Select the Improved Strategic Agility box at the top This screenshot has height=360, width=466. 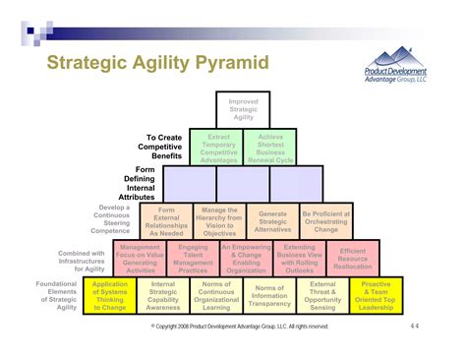pos(243,109)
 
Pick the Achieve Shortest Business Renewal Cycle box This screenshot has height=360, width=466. pos(270,147)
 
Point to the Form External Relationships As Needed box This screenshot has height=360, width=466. pos(166,222)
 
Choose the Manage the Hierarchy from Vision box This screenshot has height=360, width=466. pos(219,222)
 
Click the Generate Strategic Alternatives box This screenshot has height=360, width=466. pos(272,222)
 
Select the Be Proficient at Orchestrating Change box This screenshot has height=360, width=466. pos(325,222)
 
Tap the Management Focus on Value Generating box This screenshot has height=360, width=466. pos(140,258)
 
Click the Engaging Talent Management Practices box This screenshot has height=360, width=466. pos(193,258)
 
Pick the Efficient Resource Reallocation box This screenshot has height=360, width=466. pos(352,259)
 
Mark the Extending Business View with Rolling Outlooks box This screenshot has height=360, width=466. pos(299,258)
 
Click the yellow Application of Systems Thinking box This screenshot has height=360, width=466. pos(110,296)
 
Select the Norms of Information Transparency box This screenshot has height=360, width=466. pos(269,296)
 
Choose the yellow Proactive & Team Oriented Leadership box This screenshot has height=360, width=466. pos(376,296)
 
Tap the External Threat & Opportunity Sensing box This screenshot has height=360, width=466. pos(322,296)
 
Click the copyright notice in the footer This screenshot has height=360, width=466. pos(242,327)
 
